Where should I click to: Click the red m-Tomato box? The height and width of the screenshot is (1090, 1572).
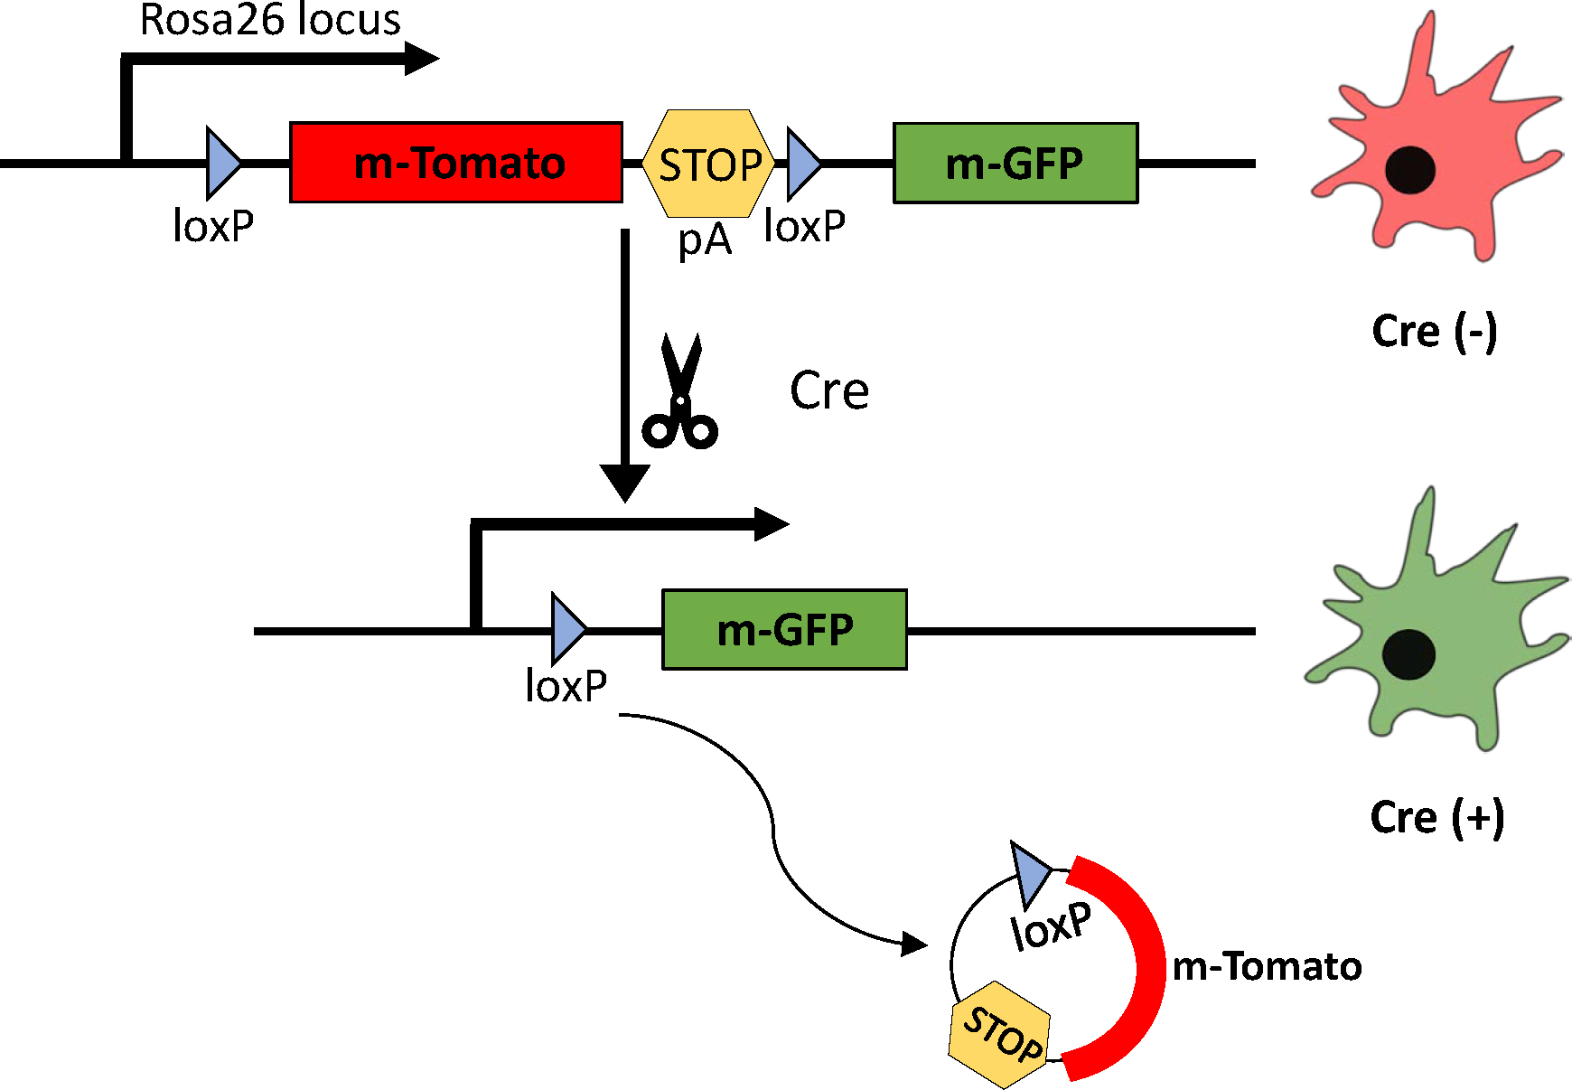456,163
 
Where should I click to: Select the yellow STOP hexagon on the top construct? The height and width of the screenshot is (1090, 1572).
708,164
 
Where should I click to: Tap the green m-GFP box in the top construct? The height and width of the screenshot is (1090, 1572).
1015,163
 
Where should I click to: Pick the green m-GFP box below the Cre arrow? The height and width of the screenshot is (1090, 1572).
784,629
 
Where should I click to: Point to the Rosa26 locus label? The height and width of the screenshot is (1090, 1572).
270,20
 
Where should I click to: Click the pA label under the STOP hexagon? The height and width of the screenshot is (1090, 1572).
705,240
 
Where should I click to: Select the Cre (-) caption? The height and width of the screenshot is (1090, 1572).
1435,331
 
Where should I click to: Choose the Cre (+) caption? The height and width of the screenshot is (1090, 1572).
1436,817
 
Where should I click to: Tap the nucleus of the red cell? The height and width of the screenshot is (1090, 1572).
1409,169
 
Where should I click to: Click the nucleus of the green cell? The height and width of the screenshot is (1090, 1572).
1408,653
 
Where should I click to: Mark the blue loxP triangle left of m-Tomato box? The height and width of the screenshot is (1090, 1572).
222,164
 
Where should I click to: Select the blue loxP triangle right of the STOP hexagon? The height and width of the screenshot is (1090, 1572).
802,164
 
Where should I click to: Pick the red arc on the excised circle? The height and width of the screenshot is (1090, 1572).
1137,967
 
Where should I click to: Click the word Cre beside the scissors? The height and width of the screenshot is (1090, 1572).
829,390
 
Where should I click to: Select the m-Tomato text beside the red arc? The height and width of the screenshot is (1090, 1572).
1267,967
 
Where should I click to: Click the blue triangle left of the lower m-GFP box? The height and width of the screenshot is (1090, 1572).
567,629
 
